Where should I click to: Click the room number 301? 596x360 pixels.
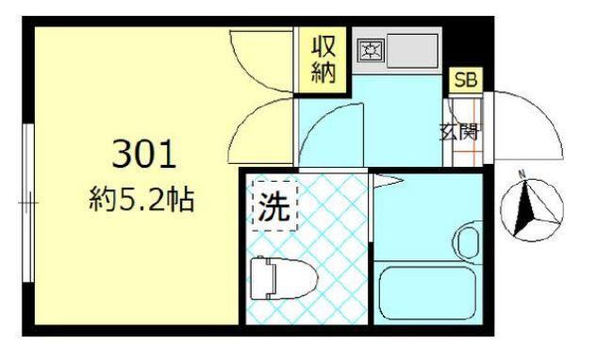pyautogui.click(x=144, y=153)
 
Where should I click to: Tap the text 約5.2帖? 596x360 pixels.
pyautogui.click(x=144, y=200)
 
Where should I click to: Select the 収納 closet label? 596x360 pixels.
pyautogui.click(x=324, y=59)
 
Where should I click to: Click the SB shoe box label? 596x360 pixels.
pyautogui.click(x=466, y=80)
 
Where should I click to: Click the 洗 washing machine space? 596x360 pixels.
pyautogui.click(x=273, y=205)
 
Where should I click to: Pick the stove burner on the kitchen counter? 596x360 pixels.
pyautogui.click(x=370, y=50)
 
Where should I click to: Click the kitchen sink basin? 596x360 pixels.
pyautogui.click(x=410, y=48)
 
